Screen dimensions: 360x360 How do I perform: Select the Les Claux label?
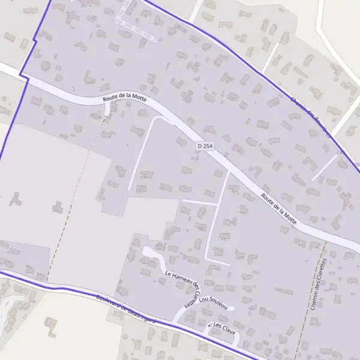point(223,329)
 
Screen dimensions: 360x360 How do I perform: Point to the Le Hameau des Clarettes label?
point(182,289)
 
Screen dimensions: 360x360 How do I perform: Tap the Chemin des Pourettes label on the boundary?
point(310,118)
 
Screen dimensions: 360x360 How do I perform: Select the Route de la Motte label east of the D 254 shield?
point(278,207)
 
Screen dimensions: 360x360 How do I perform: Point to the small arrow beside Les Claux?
point(209,326)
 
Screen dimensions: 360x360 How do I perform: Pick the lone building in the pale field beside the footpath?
point(58,207)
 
